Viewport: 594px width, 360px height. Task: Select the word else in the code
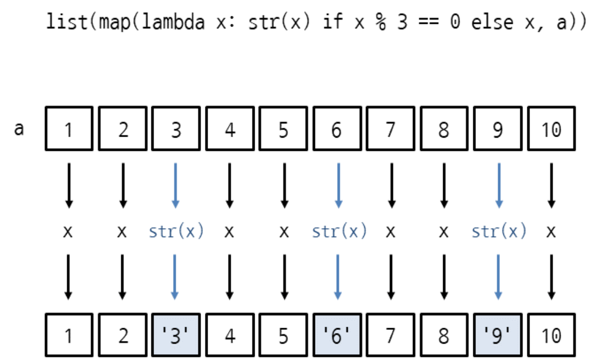pyautogui.click(x=492, y=23)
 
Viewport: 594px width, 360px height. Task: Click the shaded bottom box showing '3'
pyautogui.click(x=176, y=335)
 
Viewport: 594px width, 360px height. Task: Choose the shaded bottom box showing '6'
pyautogui.click(x=337, y=335)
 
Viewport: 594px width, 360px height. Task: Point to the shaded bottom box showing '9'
pyautogui.click(x=497, y=335)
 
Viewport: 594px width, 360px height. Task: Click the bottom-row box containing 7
pyautogui.click(x=391, y=335)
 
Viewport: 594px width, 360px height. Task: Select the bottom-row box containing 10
pyautogui.click(x=551, y=335)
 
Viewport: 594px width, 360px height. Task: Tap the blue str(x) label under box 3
pyautogui.click(x=176, y=231)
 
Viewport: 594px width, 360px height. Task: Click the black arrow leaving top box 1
pyautogui.click(x=68, y=185)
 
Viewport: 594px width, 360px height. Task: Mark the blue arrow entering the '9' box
pyautogui.click(x=498, y=277)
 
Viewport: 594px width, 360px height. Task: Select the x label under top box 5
pyautogui.click(x=284, y=232)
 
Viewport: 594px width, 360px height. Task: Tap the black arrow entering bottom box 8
pyautogui.click(x=444, y=277)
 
